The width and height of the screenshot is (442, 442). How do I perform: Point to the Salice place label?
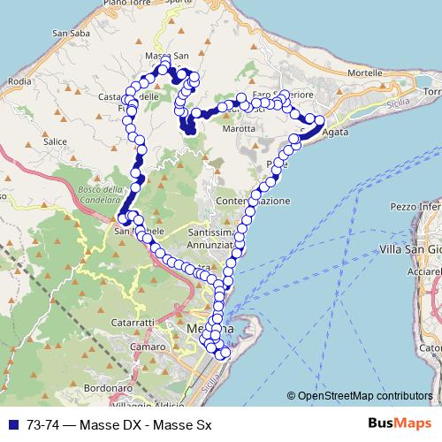pyautogui.click(x=55, y=141)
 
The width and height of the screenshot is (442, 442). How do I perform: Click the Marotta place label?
pyautogui.click(x=240, y=128)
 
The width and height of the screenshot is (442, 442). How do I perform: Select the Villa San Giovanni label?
pyautogui.click(x=409, y=250)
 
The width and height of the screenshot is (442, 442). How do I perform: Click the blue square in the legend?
pyautogui.click(x=13, y=424)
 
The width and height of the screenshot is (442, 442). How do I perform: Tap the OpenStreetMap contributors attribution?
pyautogui.click(x=361, y=396)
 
